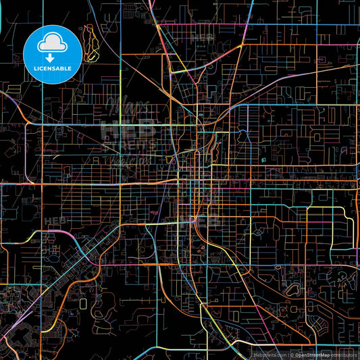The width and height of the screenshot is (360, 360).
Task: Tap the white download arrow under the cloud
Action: (52, 57)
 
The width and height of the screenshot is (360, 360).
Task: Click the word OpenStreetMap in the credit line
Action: (311, 354)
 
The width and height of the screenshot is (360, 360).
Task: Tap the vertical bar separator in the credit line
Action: (288, 354)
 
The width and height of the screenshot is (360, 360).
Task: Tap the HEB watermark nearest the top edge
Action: (201, 38)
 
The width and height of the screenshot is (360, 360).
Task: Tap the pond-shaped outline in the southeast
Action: (292, 289)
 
